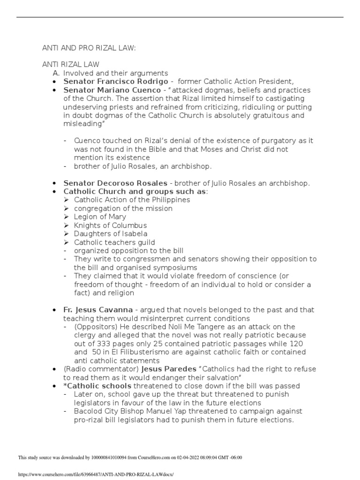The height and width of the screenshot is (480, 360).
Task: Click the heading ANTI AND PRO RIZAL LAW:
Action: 89,48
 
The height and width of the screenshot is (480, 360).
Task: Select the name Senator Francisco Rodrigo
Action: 116,81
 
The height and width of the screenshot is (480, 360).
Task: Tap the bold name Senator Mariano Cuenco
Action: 112,90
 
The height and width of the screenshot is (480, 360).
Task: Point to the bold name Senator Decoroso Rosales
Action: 115,183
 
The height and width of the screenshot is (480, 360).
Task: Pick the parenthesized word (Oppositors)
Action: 95,327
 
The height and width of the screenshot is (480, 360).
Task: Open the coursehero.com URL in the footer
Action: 96,474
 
